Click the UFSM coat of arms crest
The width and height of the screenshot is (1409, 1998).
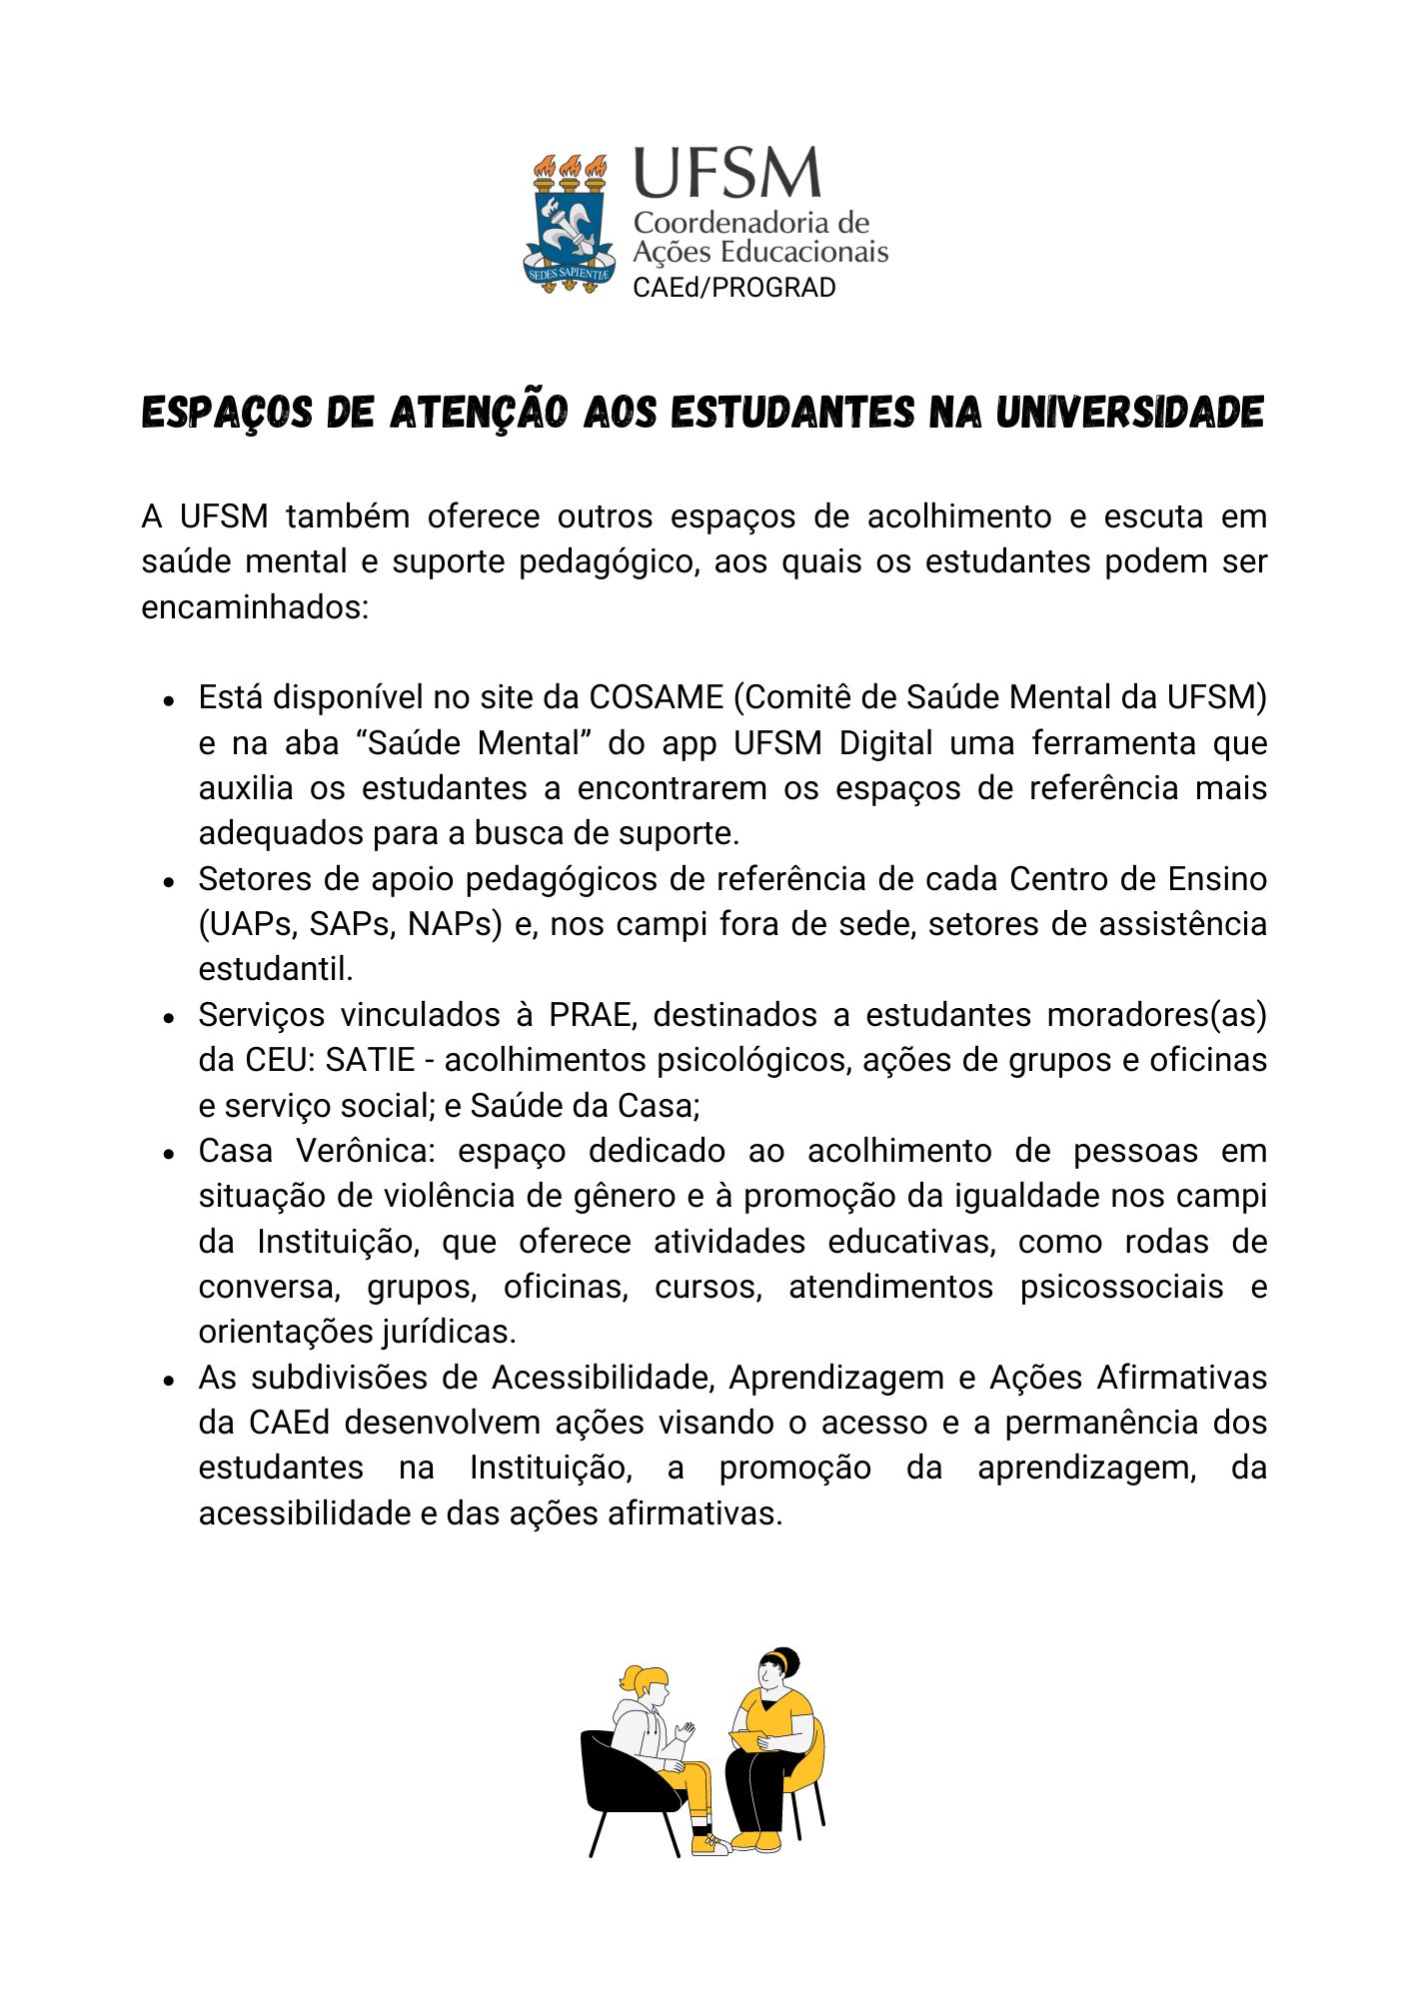(568, 223)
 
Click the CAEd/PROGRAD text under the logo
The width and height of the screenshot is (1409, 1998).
(733, 288)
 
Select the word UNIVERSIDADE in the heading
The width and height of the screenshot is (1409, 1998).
(1129, 412)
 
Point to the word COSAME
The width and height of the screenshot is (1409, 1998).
(656, 696)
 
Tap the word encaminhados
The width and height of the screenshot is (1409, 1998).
(254, 606)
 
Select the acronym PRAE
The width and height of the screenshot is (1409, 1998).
(590, 1014)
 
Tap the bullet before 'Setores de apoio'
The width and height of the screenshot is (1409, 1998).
(170, 881)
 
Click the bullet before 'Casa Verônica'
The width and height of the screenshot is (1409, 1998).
(170, 1153)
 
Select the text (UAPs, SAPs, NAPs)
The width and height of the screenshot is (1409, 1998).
(350, 924)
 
